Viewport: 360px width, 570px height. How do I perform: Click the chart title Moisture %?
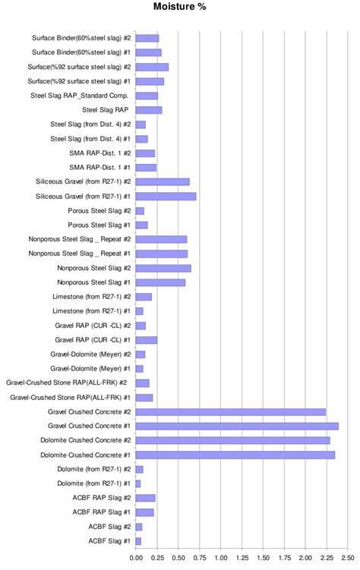[x=179, y=7]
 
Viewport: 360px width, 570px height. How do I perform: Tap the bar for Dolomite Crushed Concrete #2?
[x=232, y=440]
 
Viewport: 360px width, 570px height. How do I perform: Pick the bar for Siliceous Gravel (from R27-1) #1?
[x=166, y=196]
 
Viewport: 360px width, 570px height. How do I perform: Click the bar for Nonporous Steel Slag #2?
[x=163, y=268]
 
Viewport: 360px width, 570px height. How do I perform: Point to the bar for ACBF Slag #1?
[x=138, y=541]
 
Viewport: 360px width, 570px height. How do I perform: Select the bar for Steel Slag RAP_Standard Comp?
[x=147, y=96]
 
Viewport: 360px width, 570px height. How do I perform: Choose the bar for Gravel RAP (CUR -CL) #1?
[x=146, y=340]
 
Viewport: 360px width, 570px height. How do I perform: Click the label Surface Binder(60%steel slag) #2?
[x=81, y=38]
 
